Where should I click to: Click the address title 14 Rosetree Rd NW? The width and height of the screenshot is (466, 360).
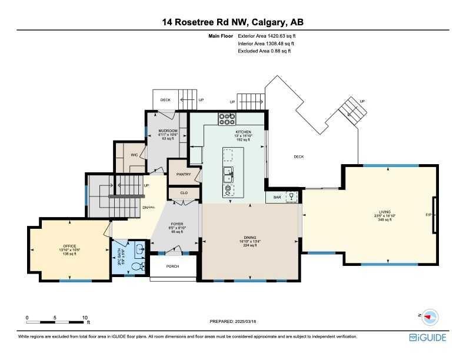click(x=233, y=22)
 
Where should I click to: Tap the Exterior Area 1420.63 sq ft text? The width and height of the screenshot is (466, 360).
click(x=266, y=36)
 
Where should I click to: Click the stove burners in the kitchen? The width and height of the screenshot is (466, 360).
click(x=227, y=119)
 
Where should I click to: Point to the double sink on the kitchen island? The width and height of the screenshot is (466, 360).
click(x=228, y=174)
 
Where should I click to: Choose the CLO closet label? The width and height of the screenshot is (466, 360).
click(x=184, y=192)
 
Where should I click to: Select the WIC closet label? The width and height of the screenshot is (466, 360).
click(x=134, y=156)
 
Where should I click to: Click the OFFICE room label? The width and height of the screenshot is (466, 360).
click(x=69, y=246)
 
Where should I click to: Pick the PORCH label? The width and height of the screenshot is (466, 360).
click(x=172, y=266)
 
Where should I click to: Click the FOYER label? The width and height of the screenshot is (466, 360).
click(x=177, y=224)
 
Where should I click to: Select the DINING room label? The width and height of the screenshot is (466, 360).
click(x=250, y=236)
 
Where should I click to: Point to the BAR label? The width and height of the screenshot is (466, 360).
click(x=277, y=198)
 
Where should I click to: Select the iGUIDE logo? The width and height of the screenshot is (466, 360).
click(x=427, y=338)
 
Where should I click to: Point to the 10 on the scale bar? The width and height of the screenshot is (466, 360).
click(x=85, y=317)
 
